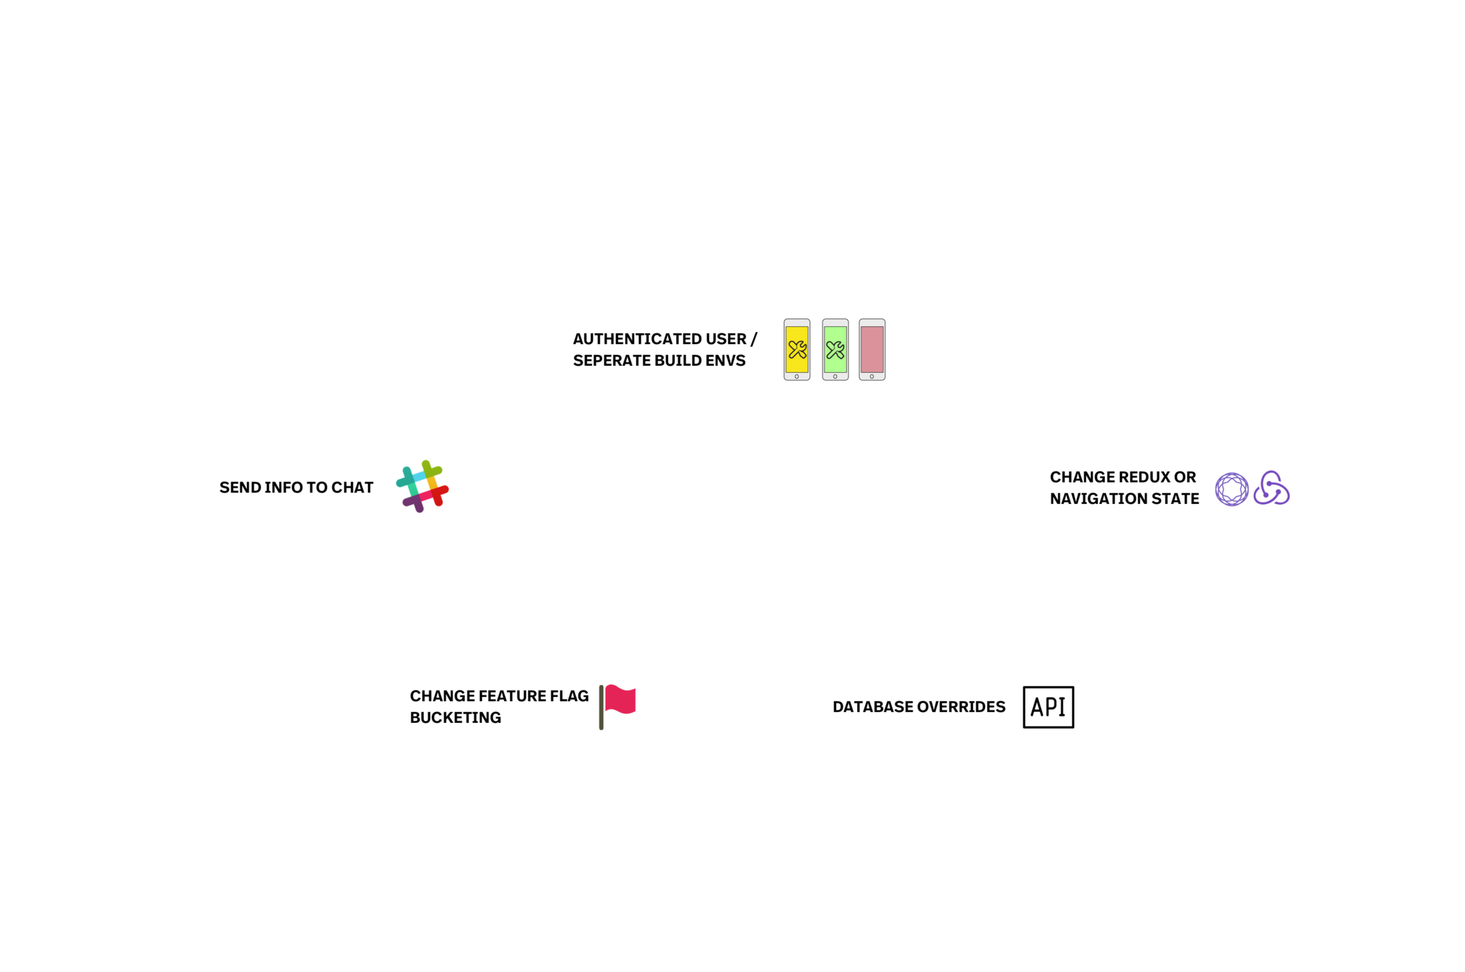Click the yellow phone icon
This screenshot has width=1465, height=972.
click(797, 349)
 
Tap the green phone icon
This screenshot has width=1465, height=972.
click(835, 349)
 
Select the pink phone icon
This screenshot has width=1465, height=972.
click(872, 349)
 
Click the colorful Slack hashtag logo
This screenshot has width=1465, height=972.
click(422, 486)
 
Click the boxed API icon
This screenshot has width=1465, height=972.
click(1048, 707)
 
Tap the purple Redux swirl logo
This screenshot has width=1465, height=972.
click(1271, 488)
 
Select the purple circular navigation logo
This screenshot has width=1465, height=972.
click(1232, 490)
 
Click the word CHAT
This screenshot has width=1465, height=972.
click(352, 487)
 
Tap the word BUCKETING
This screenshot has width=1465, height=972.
click(455, 718)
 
